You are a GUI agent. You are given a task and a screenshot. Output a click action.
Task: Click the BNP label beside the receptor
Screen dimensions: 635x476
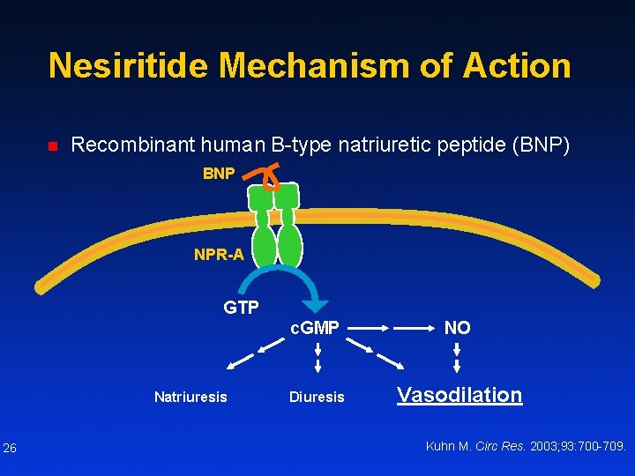point(219,174)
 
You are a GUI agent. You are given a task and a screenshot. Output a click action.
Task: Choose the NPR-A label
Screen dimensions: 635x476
point(219,256)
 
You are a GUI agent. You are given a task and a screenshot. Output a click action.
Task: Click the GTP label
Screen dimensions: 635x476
point(241,308)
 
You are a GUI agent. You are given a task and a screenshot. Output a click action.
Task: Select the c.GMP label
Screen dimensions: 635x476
point(315,328)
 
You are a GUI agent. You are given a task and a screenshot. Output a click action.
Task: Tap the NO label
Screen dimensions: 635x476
point(457,328)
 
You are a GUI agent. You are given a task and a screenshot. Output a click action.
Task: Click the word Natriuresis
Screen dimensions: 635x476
point(190,397)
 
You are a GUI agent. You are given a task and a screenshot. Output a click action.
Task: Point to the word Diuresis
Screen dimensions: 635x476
point(317,397)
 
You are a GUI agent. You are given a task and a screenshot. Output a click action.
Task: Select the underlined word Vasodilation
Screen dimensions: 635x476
point(459,395)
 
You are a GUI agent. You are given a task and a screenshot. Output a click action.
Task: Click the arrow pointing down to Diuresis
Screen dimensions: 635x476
point(317,363)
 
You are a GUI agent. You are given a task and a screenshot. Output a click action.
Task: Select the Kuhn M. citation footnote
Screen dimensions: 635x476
point(526,446)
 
